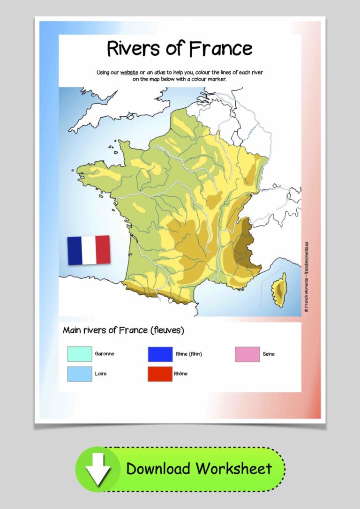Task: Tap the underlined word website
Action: [129, 73]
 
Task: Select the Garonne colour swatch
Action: [79, 354]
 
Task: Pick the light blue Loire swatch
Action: [79, 374]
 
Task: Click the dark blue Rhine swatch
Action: [160, 354]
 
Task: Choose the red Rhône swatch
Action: [160, 374]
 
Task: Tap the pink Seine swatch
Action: [247, 354]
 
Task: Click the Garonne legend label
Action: [104, 354]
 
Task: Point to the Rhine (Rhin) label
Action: [189, 354]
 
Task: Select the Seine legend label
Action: [269, 354]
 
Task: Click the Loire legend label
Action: [100, 374]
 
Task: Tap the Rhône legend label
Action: [181, 374]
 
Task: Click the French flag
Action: [89, 250]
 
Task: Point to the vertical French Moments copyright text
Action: [306, 277]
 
